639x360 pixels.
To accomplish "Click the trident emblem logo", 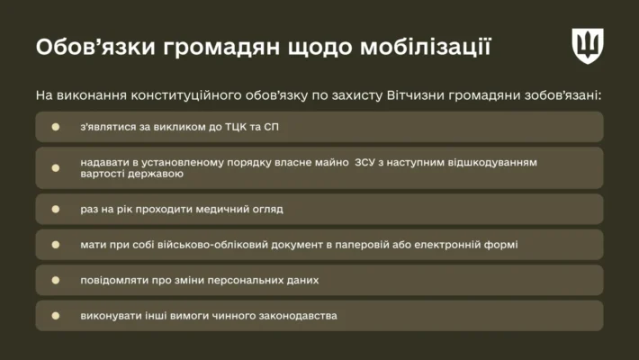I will pyautogui.click(x=587, y=45).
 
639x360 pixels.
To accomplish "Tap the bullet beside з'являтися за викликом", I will pyautogui.click(x=56, y=127).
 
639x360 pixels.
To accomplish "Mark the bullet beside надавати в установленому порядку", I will pyautogui.click(x=56, y=168).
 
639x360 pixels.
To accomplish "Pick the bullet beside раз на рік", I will pyautogui.click(x=56, y=209).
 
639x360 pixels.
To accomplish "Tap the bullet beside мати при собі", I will pyautogui.click(x=56, y=244).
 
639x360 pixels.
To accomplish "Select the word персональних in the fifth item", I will pyautogui.click(x=220, y=280).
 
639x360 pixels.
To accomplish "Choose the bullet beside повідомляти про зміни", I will pyautogui.click(x=56, y=280).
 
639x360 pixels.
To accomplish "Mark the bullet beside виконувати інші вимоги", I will pyautogui.click(x=56, y=316).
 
